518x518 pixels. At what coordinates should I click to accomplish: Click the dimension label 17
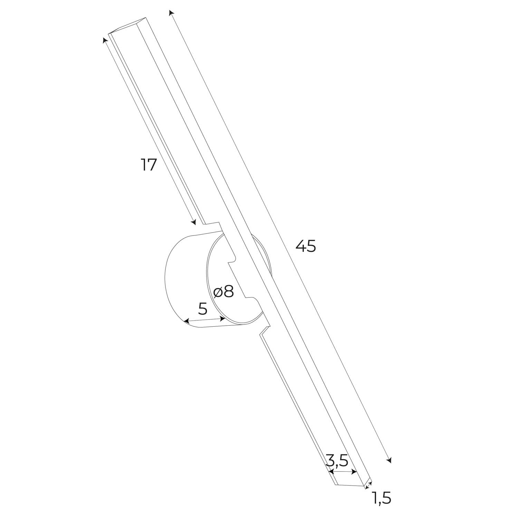coord(149,165)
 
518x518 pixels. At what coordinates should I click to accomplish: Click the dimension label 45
coord(306,246)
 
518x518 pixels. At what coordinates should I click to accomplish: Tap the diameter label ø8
coord(224,292)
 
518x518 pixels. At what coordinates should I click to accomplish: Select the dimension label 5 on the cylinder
coord(203,309)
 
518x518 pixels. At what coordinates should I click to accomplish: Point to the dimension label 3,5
coord(336,460)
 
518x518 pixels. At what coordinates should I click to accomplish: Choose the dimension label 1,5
coord(381,498)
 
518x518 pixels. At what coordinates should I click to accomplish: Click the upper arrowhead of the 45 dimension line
coord(171,13)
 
